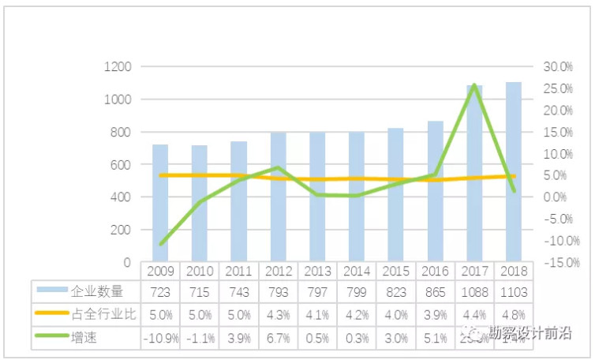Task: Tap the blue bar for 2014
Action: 356,197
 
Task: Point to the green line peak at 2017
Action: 473,84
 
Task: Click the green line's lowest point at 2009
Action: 160,244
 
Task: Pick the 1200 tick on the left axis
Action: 116,67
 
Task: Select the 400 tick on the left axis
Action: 119,197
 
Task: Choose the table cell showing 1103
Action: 513,293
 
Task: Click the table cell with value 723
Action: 160,293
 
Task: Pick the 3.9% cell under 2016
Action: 435,315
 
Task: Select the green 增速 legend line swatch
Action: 52,337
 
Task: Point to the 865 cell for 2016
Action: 435,293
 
